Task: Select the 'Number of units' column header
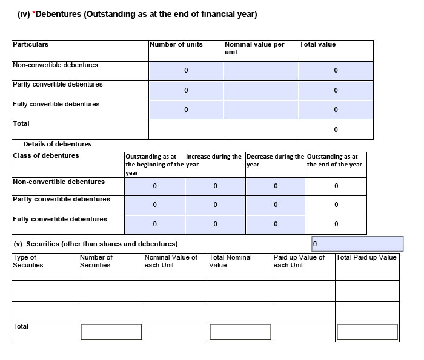(176, 44)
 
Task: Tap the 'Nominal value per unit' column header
(254, 48)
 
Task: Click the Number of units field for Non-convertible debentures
(186, 71)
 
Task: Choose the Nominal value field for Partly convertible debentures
(261, 90)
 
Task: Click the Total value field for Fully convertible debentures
(336, 110)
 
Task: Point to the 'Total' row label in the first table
(21, 123)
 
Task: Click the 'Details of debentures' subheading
(57, 144)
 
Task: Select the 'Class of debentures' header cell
(46, 155)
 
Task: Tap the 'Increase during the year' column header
(214, 160)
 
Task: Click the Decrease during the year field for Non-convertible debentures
(276, 186)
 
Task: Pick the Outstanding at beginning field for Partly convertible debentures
(154, 205)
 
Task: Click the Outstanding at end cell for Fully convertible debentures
(336, 224)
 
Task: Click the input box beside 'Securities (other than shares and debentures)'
(357, 244)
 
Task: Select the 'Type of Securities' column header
(28, 261)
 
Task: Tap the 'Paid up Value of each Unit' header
(299, 261)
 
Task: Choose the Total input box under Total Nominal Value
(240, 332)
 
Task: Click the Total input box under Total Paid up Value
(367, 332)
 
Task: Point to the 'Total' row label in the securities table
(21, 326)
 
